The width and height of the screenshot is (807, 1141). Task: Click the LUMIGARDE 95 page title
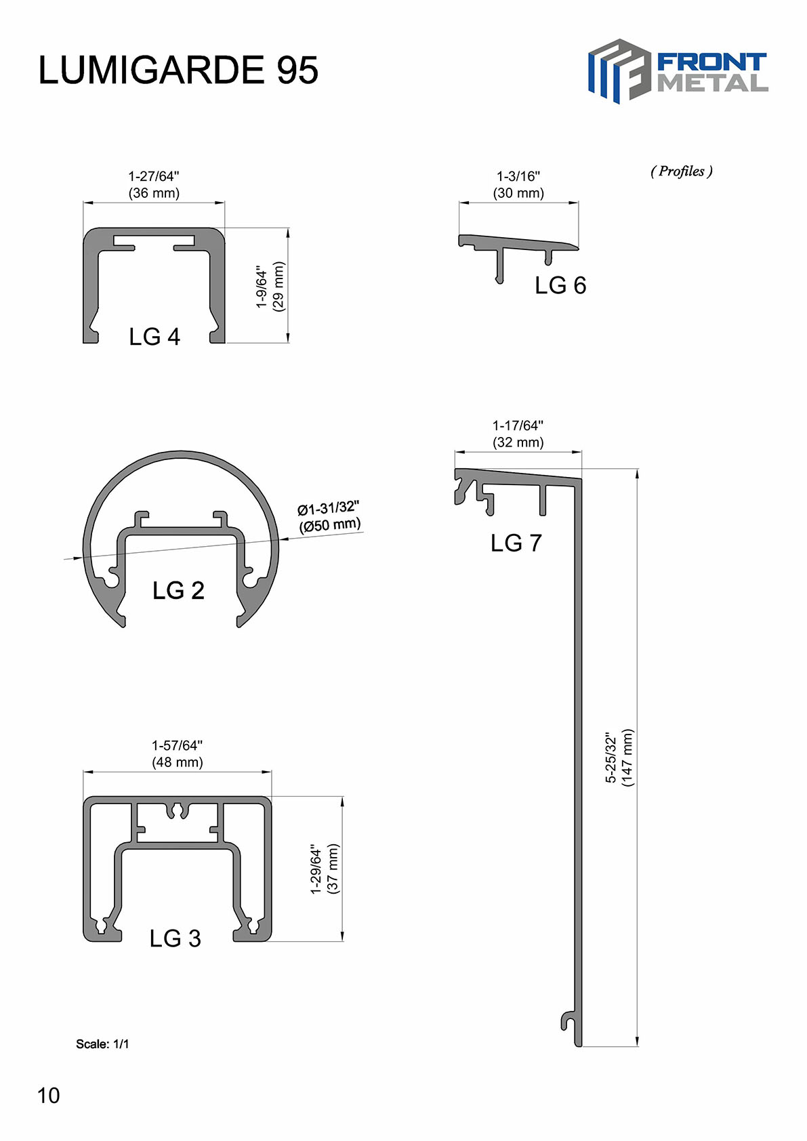click(x=178, y=70)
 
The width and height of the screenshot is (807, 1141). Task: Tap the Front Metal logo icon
click(x=619, y=71)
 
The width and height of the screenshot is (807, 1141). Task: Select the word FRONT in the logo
click(x=711, y=62)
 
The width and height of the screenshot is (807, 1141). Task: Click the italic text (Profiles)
click(x=681, y=171)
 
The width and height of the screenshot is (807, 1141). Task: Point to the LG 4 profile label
click(x=154, y=337)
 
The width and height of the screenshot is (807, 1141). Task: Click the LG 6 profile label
click(x=560, y=285)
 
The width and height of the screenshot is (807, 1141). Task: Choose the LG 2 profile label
click(x=178, y=590)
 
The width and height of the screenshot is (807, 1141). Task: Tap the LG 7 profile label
click(x=516, y=543)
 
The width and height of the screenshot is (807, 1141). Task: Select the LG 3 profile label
click(x=175, y=938)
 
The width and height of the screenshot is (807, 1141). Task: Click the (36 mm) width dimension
click(x=154, y=193)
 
